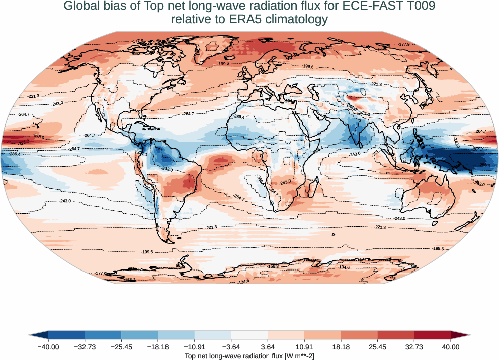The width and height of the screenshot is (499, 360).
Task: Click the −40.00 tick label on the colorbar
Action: [x=48, y=347]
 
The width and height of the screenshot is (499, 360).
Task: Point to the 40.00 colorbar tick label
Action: [x=451, y=347]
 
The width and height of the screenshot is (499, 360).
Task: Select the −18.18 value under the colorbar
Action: [x=158, y=347]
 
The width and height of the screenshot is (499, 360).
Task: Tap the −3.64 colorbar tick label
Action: [x=231, y=347]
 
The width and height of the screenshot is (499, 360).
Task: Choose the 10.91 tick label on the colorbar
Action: [x=304, y=347]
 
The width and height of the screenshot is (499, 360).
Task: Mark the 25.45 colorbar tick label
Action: [x=377, y=347]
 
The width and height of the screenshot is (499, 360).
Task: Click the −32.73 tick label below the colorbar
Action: [x=85, y=347]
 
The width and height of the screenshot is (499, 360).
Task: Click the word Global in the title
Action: [x=82, y=7]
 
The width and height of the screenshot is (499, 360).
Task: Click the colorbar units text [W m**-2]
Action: [x=290, y=356]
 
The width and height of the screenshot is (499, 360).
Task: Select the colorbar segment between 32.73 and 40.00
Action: [x=432, y=335]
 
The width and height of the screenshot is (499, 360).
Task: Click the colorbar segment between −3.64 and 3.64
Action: [x=249, y=335]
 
